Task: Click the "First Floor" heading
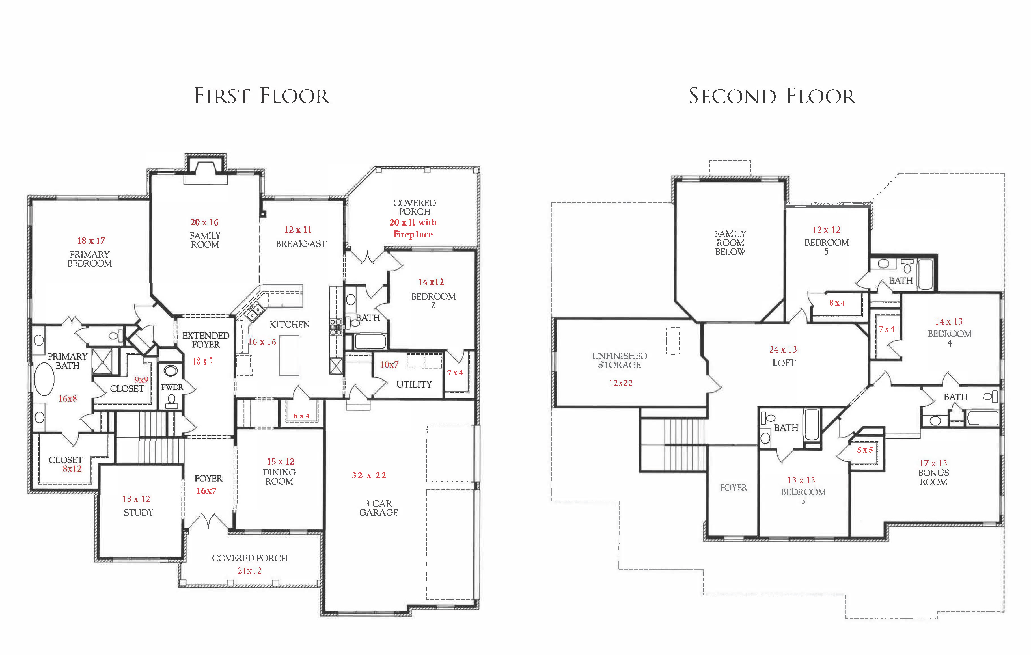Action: (x=262, y=96)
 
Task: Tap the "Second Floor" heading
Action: (x=772, y=96)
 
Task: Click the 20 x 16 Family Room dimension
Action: (x=204, y=222)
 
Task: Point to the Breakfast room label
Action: (x=301, y=244)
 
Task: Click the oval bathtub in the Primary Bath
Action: (x=44, y=379)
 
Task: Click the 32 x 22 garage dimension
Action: (x=369, y=475)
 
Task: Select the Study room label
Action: (x=138, y=513)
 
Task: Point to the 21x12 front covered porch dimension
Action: (x=250, y=571)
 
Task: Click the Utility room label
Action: (x=414, y=384)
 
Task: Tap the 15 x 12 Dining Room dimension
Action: (x=281, y=462)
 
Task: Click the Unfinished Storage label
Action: (x=620, y=360)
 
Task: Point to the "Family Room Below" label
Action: (x=730, y=243)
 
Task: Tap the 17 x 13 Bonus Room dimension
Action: (x=933, y=463)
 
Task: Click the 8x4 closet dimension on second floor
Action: (x=837, y=303)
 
